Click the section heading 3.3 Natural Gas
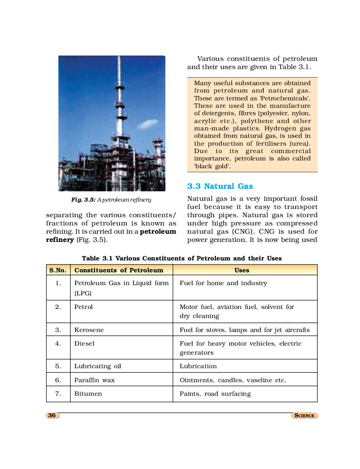pos(220,186)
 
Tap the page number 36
pos(52,415)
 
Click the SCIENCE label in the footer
pos(304,416)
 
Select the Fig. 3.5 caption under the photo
pos(111,200)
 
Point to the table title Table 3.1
pos(181,258)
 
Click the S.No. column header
pos(58,270)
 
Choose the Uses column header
pos(242,270)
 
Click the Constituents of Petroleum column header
pos(118,270)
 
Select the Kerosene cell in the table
pos(89,330)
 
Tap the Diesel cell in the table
pos(84,344)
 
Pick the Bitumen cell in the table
pos(88,394)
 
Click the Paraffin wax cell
pos(94,380)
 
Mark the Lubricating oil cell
pos(98,366)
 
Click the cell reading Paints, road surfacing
pos(215,394)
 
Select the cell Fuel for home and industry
pos(223,283)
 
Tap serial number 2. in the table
pos(58,307)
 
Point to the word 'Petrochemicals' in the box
pos(284,98)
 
